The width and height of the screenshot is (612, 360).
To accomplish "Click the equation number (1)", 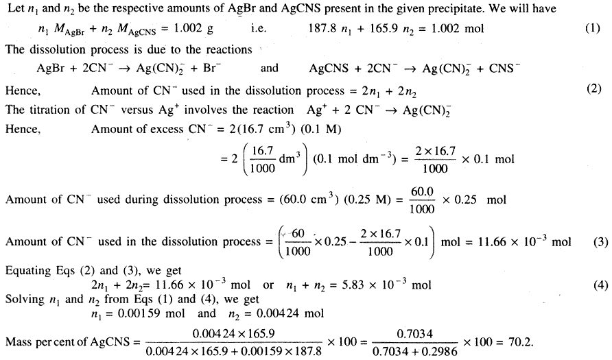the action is [x=593, y=29].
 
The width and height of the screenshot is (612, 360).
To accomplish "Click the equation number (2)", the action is [x=593, y=89].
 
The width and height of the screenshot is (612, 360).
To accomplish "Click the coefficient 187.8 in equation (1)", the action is [x=322, y=29].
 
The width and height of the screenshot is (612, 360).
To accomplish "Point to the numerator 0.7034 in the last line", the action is [x=414, y=334].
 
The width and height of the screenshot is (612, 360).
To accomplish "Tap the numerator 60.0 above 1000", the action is [x=422, y=192].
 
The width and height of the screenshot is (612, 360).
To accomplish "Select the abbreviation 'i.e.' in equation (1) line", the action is [x=259, y=29].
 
